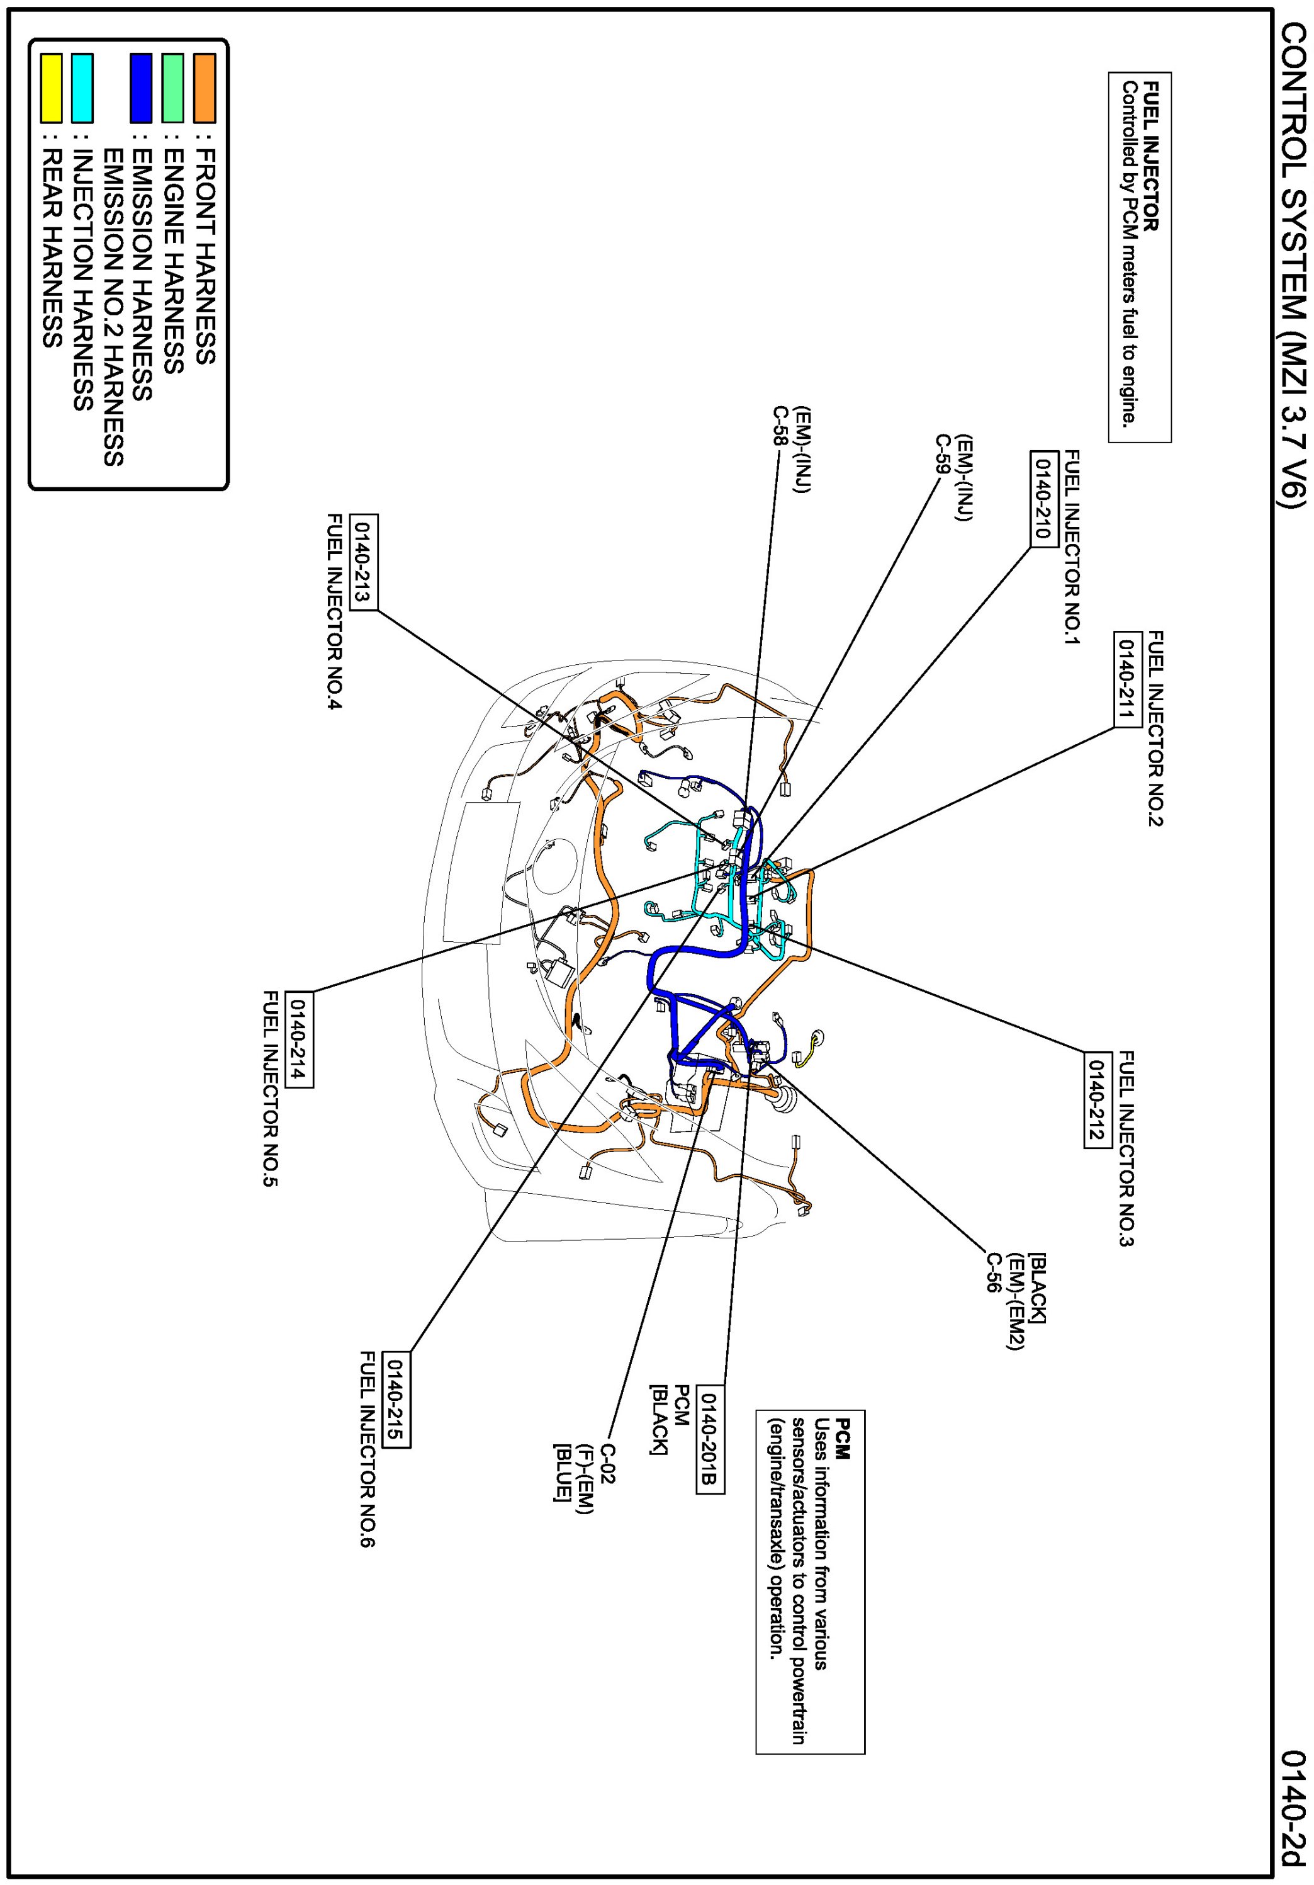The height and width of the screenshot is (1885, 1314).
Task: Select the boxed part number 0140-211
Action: click(x=1127, y=678)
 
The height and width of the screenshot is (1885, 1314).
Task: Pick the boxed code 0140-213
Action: click(x=364, y=562)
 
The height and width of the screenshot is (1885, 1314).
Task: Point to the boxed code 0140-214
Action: click(x=300, y=1039)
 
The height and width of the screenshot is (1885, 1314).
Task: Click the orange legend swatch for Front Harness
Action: click(x=205, y=88)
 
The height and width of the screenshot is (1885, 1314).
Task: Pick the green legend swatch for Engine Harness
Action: click(x=172, y=88)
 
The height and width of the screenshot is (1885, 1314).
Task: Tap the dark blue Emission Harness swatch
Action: click(x=141, y=88)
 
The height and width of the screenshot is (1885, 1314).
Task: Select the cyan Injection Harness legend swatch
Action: click(x=82, y=88)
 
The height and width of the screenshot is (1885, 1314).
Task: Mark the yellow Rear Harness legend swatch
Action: click(x=52, y=88)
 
